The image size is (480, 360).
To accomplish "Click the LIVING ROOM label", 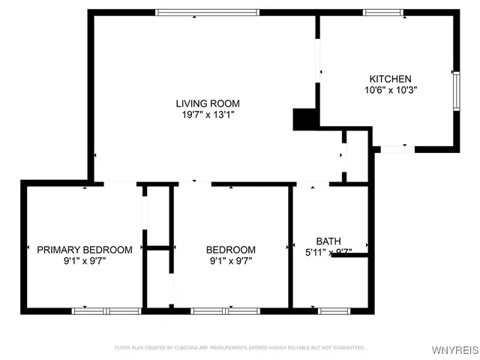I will (207, 103).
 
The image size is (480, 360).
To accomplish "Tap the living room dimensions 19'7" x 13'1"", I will (207, 115).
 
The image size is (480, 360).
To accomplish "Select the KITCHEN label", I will (390, 79).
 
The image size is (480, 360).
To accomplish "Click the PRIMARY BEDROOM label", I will (85, 250).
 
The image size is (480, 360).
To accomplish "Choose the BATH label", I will (328, 241).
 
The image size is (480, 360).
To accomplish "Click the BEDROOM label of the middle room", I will (231, 250).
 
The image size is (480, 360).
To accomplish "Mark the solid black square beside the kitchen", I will (304, 119).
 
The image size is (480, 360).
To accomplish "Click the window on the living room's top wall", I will (207, 12).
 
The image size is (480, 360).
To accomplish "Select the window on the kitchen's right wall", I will (455, 91).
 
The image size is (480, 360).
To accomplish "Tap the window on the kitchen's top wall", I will (385, 12).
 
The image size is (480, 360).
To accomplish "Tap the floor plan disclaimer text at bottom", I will (240, 348).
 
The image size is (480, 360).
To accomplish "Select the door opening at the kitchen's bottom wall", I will (397, 148).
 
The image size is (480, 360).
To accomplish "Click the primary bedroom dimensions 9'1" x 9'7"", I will (85, 262).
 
